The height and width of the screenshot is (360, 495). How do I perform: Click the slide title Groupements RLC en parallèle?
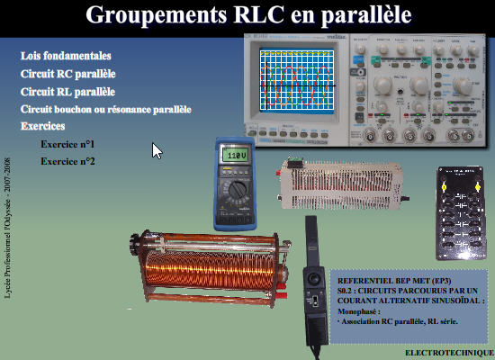point(248,16)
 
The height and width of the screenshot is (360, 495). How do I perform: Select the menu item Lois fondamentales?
point(66,56)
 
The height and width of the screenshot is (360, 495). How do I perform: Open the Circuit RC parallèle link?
point(68,74)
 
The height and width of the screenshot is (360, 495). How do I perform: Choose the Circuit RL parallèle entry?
point(67,92)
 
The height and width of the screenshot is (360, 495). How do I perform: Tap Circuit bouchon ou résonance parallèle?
point(105,110)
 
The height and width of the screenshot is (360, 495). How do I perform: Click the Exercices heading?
point(45,127)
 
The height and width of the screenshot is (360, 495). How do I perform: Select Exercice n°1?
point(68,144)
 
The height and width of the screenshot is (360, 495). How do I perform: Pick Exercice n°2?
point(68,161)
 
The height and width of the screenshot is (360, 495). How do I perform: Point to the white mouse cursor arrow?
point(157,150)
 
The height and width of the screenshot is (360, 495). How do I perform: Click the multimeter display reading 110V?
point(237,156)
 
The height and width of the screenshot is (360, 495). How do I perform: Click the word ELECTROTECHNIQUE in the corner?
point(445,353)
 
